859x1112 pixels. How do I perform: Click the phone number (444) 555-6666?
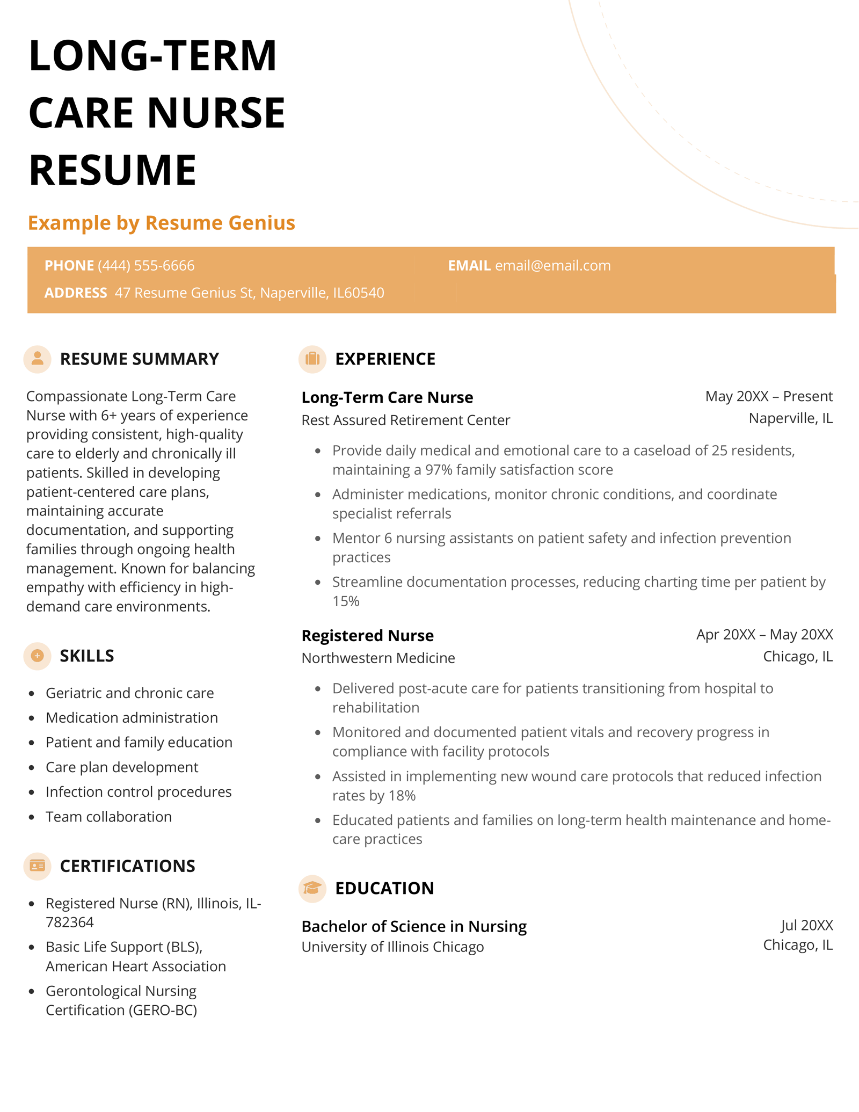click(x=146, y=266)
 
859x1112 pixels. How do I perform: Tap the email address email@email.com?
click(x=552, y=266)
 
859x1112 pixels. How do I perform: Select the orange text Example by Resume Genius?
click(x=162, y=223)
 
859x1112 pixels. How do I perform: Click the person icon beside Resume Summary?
click(x=37, y=359)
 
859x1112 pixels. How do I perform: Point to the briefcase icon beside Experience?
click(x=312, y=359)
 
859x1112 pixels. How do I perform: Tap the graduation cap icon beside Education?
click(x=312, y=888)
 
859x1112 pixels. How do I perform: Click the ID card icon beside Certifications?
click(x=37, y=866)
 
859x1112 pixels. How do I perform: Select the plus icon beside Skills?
click(x=37, y=656)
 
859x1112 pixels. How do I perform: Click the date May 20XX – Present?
click(x=768, y=396)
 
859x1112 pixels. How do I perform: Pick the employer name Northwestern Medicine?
click(x=378, y=658)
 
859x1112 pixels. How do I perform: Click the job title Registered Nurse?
click(x=367, y=636)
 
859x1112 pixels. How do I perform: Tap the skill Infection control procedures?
click(x=139, y=792)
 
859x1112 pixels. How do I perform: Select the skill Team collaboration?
click(x=108, y=817)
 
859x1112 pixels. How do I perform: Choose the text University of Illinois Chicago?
click(x=392, y=947)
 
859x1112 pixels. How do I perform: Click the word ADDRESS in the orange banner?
click(x=76, y=293)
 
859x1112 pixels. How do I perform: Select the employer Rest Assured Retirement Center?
click(x=405, y=420)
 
